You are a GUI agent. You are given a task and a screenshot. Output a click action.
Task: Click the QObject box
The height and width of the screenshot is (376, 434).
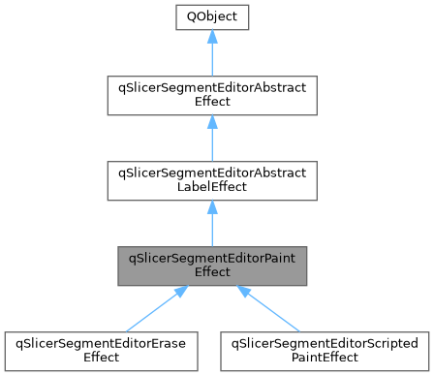pos(211,16)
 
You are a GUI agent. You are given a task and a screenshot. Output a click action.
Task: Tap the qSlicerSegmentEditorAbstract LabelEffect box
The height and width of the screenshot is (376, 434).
pos(211,183)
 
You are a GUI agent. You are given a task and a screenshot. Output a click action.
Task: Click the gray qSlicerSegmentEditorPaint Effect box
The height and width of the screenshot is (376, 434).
pos(211,264)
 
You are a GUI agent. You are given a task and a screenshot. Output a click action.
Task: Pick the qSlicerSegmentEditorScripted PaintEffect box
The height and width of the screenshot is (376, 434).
pos(325,350)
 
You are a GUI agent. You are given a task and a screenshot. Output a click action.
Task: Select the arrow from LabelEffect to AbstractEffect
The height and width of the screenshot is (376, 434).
pos(211,143)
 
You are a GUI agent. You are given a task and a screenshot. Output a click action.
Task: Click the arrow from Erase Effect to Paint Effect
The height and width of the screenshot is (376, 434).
pos(160,307)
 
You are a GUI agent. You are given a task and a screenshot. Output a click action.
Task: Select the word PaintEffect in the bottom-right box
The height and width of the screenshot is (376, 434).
pos(325,358)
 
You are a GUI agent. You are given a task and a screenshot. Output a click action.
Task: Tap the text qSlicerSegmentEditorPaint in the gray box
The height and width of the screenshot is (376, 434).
pos(211,257)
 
